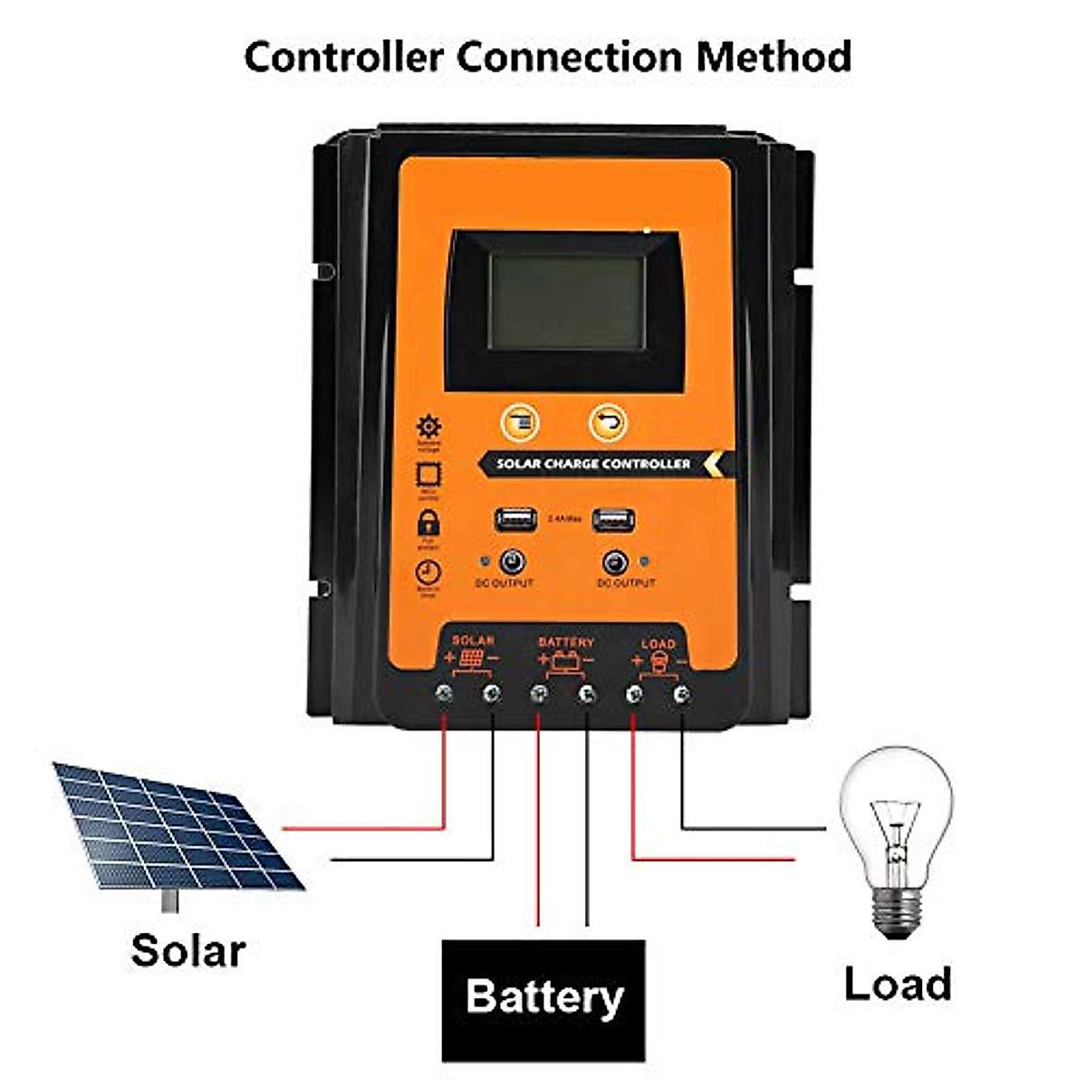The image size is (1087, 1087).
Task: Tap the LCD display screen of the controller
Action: coord(567,302)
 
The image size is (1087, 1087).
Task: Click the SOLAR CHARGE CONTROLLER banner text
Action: coord(593,464)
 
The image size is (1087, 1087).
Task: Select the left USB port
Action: coord(515,519)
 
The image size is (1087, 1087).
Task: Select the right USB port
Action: coord(613,521)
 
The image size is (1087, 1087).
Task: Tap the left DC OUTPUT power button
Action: coord(513,562)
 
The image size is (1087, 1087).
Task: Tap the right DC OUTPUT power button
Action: coord(615,563)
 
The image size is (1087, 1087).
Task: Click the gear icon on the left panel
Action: coord(428,428)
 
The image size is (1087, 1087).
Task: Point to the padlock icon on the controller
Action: coord(428,522)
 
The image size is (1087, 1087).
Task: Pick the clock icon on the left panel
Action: coord(428,572)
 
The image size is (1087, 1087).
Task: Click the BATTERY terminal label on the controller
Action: coord(566,642)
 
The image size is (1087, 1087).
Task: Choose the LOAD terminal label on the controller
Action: coord(659,644)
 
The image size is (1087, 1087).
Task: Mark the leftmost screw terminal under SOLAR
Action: coord(444,694)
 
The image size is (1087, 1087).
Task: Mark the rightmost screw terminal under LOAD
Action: coord(682,695)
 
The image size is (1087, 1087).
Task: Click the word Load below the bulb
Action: coord(898,984)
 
